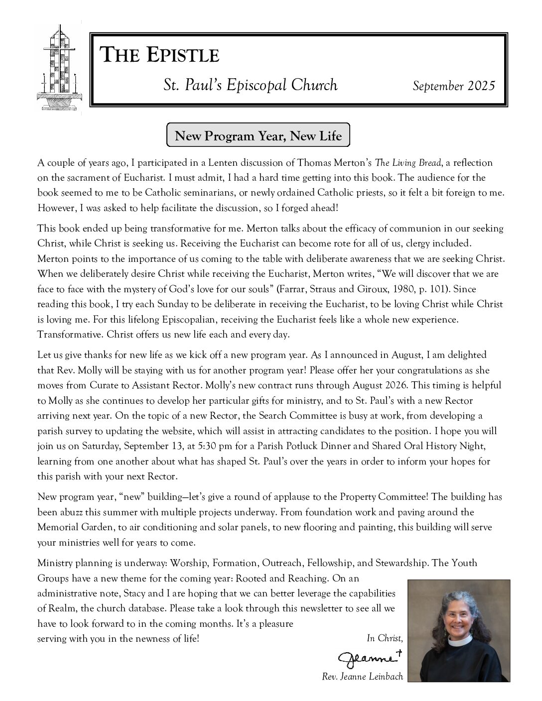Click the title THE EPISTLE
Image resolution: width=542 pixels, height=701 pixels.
tap(160, 55)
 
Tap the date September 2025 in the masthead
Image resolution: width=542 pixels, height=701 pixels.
tap(454, 86)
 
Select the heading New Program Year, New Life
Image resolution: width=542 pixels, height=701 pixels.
tap(258, 135)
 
